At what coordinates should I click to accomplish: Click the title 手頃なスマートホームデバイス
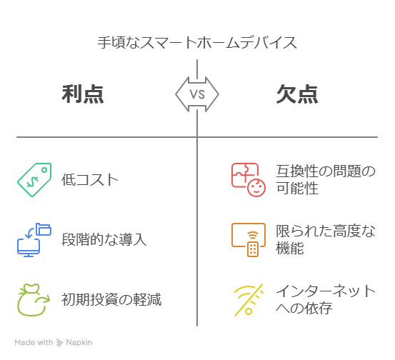click(x=197, y=43)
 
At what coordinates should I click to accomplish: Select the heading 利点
click(x=83, y=94)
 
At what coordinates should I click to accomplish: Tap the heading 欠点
click(x=297, y=94)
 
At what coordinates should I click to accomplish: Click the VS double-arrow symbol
click(x=197, y=94)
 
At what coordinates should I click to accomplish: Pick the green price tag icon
click(x=34, y=179)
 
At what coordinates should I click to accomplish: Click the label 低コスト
click(x=90, y=179)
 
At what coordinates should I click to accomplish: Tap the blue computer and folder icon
click(x=34, y=240)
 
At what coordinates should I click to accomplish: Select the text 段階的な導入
click(x=104, y=239)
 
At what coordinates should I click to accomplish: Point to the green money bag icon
click(x=34, y=300)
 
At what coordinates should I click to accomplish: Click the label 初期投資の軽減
click(x=111, y=299)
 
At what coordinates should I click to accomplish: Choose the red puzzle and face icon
click(x=249, y=179)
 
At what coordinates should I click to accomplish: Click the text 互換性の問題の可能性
click(x=326, y=179)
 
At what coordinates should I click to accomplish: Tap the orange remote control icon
click(x=249, y=240)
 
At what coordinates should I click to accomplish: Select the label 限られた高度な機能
click(x=326, y=239)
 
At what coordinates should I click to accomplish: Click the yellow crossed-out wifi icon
click(x=249, y=300)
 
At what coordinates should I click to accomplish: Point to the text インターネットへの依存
click(x=326, y=299)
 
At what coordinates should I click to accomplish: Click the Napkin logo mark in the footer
click(x=59, y=343)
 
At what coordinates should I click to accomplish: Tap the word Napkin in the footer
click(x=79, y=343)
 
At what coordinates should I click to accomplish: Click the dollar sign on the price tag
click(x=32, y=181)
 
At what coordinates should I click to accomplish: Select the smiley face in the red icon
click(x=256, y=188)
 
